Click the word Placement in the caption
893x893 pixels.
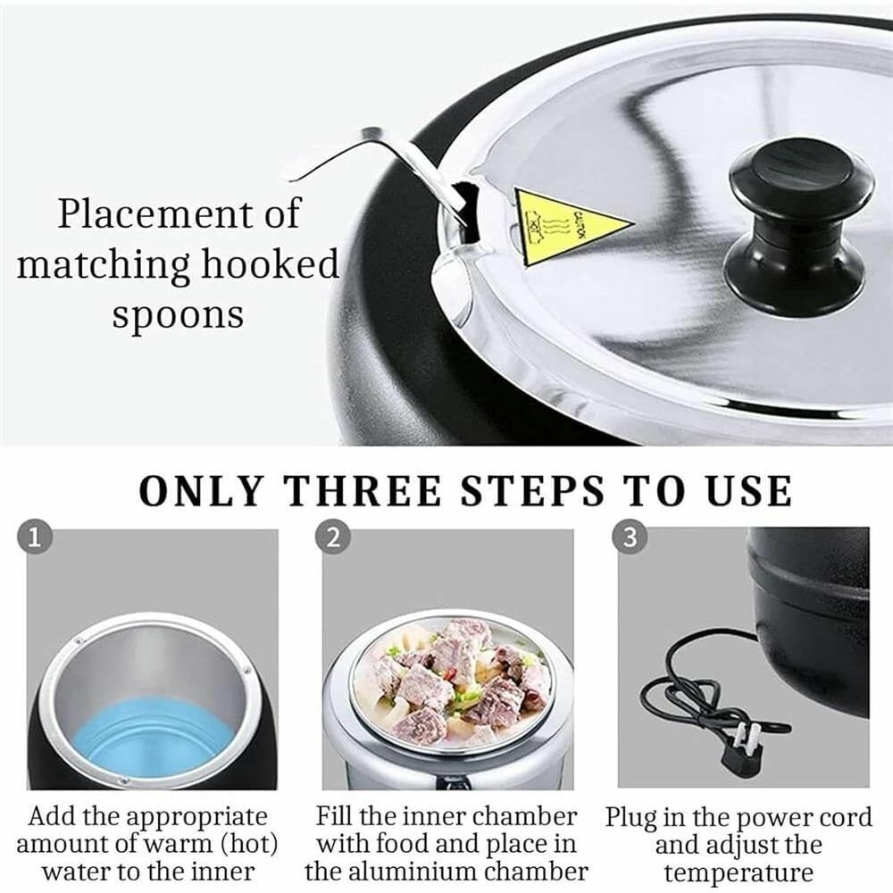point(154,214)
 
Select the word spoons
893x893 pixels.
point(179,315)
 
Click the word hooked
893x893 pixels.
point(270,264)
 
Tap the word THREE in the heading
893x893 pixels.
point(364,491)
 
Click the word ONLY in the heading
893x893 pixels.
point(202,491)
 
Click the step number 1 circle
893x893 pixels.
point(36,538)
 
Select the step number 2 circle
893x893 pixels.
point(333,538)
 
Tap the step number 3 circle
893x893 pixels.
point(630,538)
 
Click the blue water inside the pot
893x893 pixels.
point(150,740)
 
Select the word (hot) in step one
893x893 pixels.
point(249,845)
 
